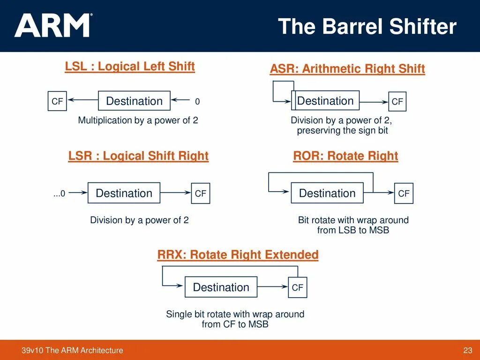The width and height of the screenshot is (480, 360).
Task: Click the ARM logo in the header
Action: (x=53, y=25)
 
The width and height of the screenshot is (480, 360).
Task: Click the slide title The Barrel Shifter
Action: (x=367, y=26)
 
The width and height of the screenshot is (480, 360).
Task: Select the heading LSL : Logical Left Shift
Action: (x=130, y=67)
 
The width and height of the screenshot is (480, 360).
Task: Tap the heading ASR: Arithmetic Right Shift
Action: (x=347, y=69)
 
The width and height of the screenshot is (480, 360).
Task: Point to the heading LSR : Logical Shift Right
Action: (x=138, y=156)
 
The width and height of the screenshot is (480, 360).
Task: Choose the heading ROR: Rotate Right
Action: (x=345, y=156)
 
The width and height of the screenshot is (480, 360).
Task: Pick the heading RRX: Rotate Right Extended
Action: (x=238, y=255)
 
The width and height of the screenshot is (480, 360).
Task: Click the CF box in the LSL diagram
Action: (x=57, y=101)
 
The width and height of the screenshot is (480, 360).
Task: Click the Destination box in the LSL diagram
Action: (x=134, y=101)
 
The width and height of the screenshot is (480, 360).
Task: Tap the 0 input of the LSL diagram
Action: (x=197, y=101)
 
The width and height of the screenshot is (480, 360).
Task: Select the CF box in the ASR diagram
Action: (x=397, y=102)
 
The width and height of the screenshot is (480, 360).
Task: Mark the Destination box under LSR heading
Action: (x=124, y=193)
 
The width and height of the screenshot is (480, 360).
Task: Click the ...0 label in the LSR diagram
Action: (x=59, y=193)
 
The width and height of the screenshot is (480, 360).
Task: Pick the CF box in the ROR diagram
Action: (x=404, y=193)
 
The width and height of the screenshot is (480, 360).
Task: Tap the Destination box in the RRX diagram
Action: (x=221, y=287)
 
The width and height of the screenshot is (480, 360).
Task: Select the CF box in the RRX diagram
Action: (x=297, y=287)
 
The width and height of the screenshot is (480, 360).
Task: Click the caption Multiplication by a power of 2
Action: (x=138, y=120)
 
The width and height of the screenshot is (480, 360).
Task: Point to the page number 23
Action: (x=467, y=350)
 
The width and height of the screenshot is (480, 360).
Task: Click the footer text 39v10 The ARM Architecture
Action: (x=72, y=350)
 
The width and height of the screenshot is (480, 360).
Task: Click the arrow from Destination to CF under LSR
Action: (x=175, y=193)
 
